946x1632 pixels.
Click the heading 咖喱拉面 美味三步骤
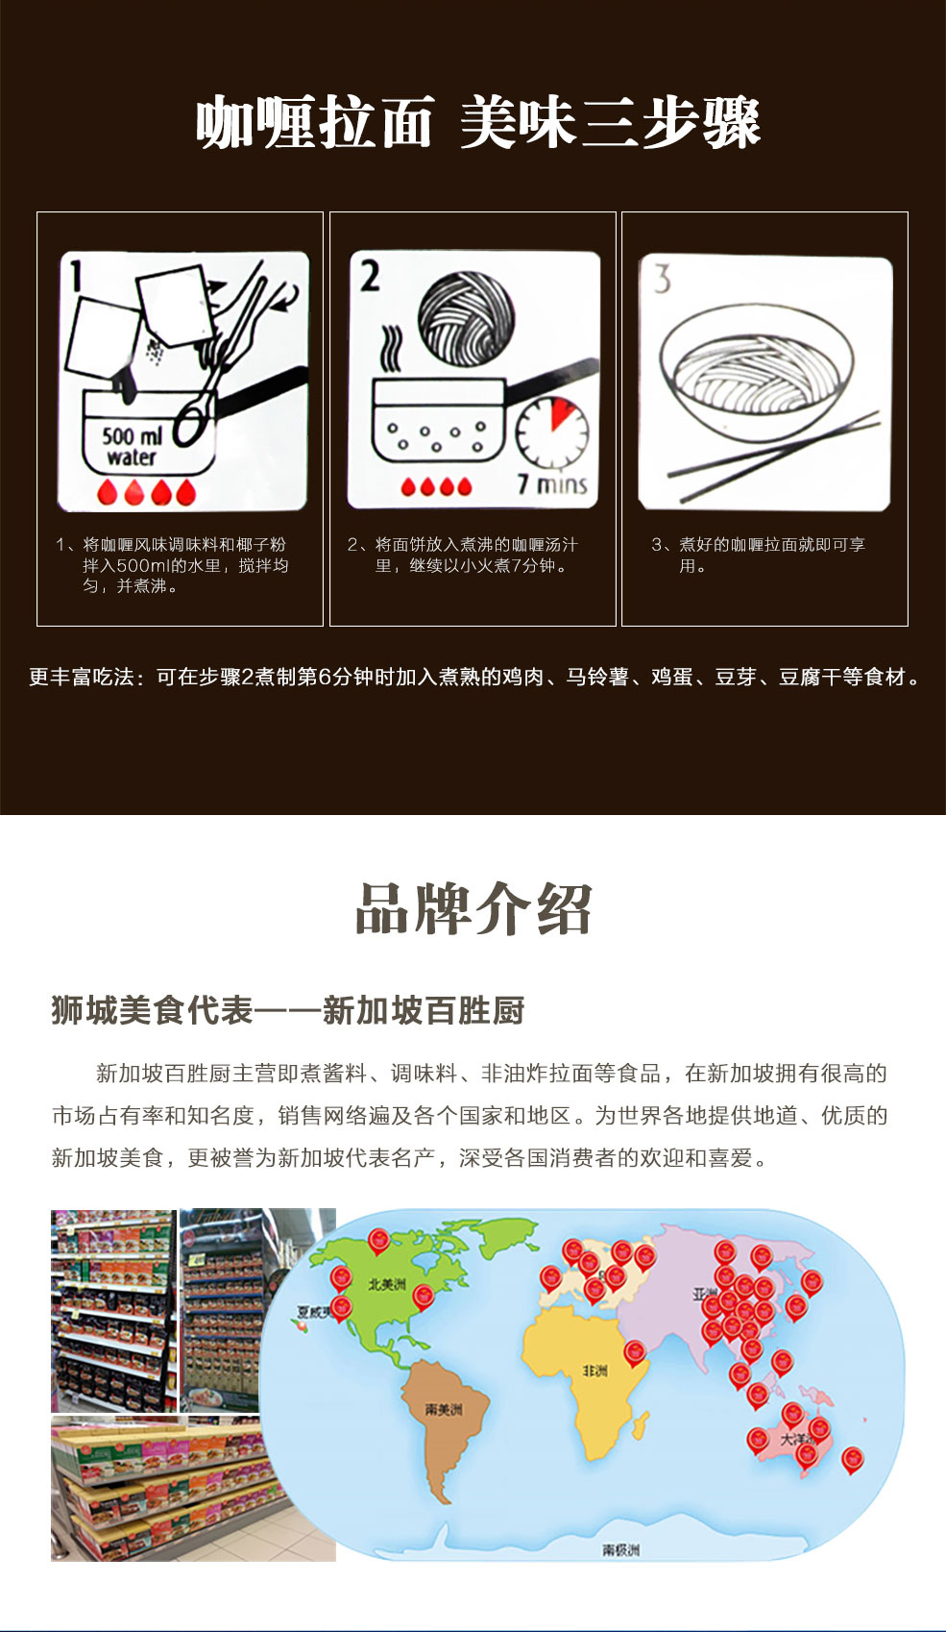click(x=477, y=123)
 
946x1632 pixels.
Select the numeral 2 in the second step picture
click(x=370, y=276)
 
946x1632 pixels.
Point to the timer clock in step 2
click(x=551, y=432)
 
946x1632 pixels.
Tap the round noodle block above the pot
click(x=467, y=318)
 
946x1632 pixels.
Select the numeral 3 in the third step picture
click(x=662, y=280)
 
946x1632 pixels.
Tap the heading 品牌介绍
click(x=473, y=908)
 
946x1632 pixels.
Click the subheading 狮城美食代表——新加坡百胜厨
click(x=288, y=1010)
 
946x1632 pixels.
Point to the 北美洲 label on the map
click(x=386, y=1284)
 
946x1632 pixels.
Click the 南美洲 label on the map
click(x=444, y=1409)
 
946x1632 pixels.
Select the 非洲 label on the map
click(x=594, y=1371)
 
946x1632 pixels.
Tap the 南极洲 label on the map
click(x=620, y=1549)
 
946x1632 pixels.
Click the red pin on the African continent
click(x=635, y=1352)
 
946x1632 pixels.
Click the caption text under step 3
click(x=759, y=556)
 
